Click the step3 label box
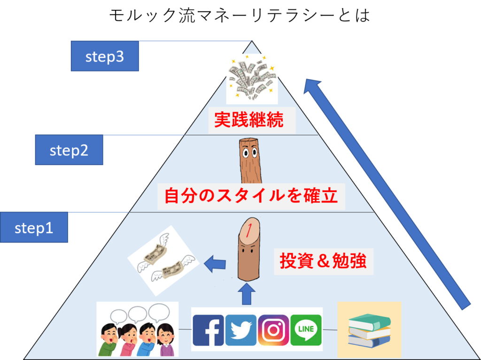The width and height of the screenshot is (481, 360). pyautogui.click(x=104, y=56)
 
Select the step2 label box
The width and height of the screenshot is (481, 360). pyautogui.click(x=69, y=150)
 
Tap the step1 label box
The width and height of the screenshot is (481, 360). pyautogui.click(x=34, y=228)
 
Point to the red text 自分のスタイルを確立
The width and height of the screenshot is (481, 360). pyautogui.click(x=251, y=196)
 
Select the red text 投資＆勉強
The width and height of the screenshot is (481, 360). pyautogui.click(x=323, y=261)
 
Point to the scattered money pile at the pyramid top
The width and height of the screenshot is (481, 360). pyautogui.click(x=252, y=78)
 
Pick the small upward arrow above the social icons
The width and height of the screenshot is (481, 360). pyautogui.click(x=246, y=294)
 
